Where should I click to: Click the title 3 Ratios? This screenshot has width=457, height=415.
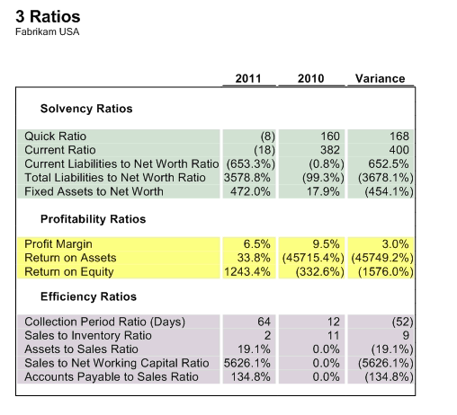point(48,16)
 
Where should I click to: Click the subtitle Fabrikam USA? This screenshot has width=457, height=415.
point(48,31)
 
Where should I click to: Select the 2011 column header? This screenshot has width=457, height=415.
point(248,78)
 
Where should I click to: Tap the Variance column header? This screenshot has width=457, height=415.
point(381,78)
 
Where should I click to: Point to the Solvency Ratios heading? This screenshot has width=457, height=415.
point(86,109)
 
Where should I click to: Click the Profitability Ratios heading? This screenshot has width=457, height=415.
point(93,219)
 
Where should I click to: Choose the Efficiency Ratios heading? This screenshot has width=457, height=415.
point(88,296)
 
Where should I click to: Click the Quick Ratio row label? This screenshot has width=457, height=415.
point(56,137)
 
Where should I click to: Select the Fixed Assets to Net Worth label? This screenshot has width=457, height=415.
point(94,191)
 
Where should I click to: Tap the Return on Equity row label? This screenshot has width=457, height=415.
point(69,272)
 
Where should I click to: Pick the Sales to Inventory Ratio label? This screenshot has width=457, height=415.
point(88,335)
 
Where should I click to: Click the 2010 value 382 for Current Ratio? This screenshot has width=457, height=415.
point(330,150)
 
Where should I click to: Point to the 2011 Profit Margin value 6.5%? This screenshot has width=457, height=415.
point(256,244)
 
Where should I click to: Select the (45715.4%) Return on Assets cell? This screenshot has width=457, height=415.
point(313,258)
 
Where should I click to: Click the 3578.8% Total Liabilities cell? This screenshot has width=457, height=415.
point(247,178)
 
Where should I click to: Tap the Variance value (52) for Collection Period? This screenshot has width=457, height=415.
point(402,322)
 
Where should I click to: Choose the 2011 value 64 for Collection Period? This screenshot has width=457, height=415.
point(264,322)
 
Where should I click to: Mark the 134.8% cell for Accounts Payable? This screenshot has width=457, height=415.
point(250,376)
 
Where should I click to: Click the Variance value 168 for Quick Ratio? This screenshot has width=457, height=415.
point(399,137)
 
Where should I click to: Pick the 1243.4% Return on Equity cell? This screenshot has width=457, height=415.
point(247,272)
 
